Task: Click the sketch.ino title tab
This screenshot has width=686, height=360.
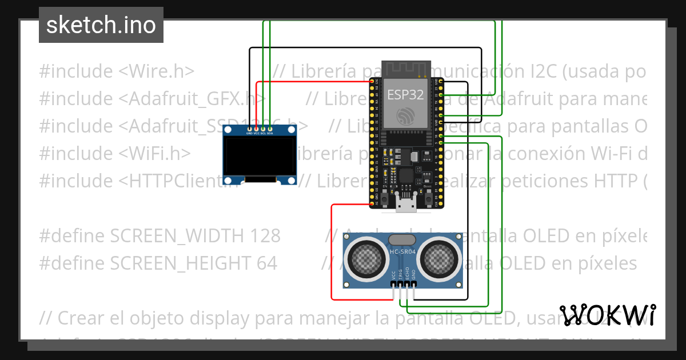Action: pos(101,25)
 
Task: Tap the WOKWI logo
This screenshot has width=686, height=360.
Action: pos(607,315)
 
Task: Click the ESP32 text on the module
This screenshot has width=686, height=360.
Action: pos(405,94)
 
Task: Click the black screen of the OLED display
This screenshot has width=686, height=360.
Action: pos(260,157)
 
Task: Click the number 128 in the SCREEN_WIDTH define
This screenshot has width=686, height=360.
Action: pos(263,235)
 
